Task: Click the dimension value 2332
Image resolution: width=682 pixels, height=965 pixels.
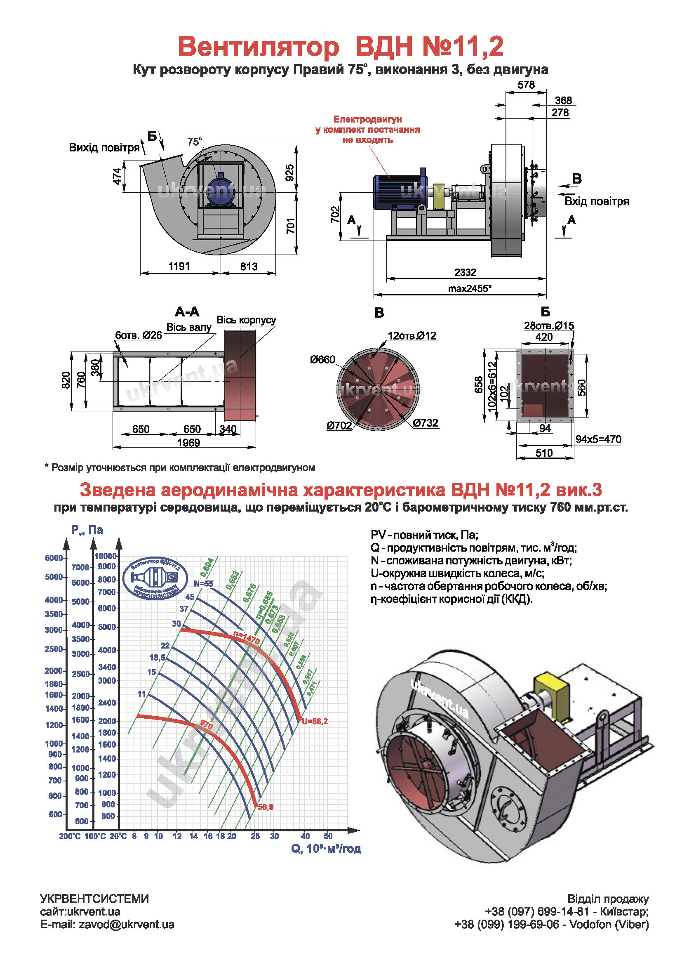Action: (465, 272)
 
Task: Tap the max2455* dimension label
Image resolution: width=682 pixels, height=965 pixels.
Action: (469, 288)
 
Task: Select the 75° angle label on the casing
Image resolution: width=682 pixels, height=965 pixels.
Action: (194, 142)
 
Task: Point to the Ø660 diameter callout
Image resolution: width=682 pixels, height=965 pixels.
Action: (322, 359)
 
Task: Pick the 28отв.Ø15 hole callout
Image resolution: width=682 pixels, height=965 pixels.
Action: (548, 326)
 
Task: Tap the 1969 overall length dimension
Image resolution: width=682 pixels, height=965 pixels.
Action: (188, 443)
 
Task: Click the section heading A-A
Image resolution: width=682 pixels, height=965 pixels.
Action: (187, 312)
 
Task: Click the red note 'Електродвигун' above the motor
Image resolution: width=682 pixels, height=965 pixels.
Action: (367, 119)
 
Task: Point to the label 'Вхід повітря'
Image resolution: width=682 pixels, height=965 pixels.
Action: (596, 201)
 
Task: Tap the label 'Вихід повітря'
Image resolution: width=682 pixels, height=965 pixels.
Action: (104, 148)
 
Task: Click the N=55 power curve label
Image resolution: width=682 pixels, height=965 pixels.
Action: (203, 584)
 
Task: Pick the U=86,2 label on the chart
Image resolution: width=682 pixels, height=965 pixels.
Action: (315, 721)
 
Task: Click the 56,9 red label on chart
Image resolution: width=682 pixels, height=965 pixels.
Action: (266, 807)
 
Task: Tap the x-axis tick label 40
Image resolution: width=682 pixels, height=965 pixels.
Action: (305, 836)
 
